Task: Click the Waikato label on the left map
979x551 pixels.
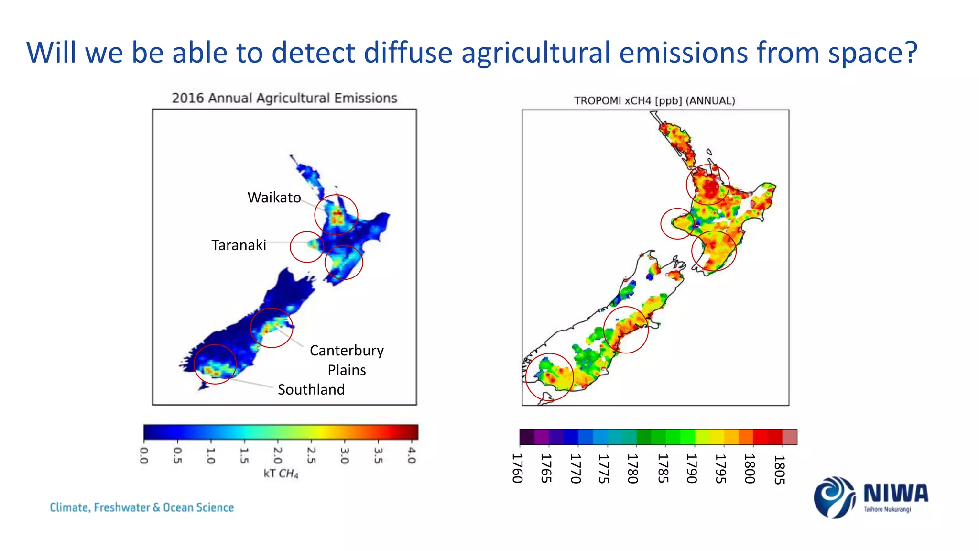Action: (x=274, y=198)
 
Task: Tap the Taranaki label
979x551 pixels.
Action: (x=239, y=245)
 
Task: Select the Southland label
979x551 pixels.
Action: (x=311, y=389)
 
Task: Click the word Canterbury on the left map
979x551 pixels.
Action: (x=347, y=351)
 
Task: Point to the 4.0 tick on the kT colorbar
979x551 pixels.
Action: (x=412, y=455)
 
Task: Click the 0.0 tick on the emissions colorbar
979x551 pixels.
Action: (x=144, y=455)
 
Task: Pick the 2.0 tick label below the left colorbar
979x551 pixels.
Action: (x=278, y=455)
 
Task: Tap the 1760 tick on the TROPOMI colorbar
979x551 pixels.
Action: (x=518, y=468)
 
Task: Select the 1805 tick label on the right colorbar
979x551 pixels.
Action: (x=779, y=469)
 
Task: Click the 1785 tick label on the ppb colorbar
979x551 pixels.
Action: (x=663, y=468)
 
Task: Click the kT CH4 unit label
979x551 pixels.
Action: (x=281, y=474)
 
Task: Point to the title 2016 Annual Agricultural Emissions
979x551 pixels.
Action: (x=284, y=98)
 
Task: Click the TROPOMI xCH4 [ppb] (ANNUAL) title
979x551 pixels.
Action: (x=654, y=101)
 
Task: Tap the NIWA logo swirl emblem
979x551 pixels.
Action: (x=834, y=497)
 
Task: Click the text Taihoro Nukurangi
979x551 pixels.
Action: (x=887, y=509)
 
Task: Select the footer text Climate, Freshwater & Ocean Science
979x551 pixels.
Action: (x=142, y=507)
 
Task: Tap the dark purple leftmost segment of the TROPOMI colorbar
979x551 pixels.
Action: (x=527, y=437)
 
